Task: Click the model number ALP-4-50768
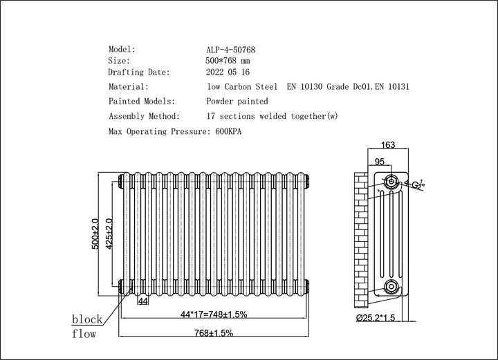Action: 235,50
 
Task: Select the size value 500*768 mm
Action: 232,61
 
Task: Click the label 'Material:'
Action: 129,87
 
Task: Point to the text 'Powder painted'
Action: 237,102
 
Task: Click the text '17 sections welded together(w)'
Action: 273,116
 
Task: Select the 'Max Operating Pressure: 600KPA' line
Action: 178,131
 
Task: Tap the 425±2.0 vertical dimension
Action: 109,234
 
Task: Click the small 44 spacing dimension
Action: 143,302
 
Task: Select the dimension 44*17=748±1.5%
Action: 213,314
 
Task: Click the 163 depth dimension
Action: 388,146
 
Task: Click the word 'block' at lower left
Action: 87,319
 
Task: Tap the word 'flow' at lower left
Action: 84,334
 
